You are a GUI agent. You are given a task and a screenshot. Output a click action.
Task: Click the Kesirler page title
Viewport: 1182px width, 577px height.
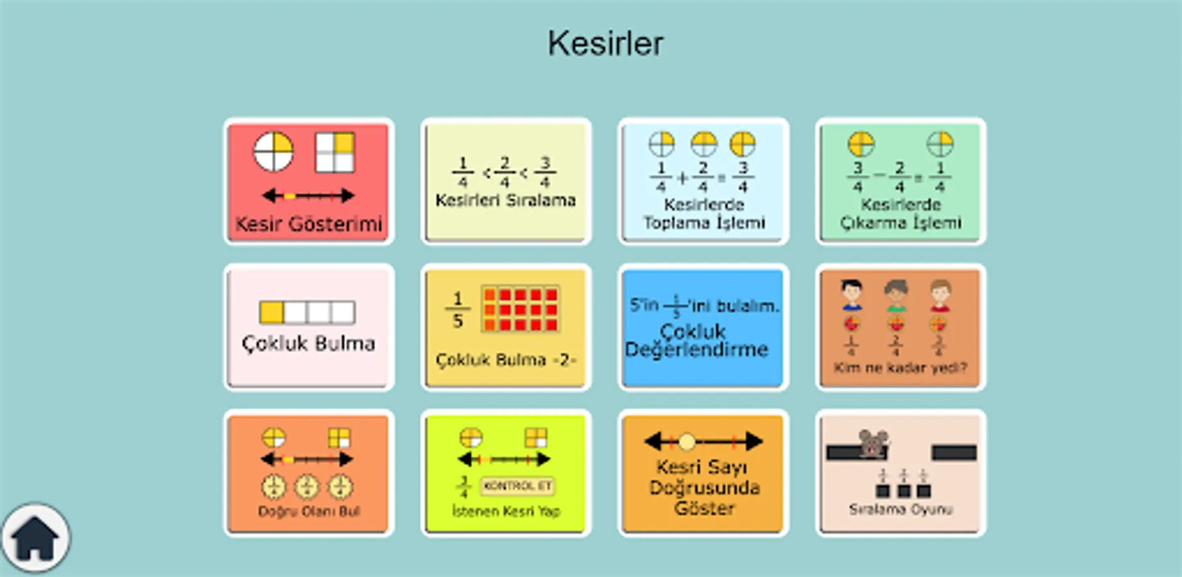point(605,44)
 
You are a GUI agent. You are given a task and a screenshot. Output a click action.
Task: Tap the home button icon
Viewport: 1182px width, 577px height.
point(35,538)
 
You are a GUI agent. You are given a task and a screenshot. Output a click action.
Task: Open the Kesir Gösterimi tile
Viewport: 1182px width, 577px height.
point(308,182)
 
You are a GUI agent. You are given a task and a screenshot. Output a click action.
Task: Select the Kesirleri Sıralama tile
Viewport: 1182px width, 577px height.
point(505,182)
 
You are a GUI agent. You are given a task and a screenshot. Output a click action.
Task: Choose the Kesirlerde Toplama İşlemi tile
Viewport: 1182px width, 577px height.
point(703,182)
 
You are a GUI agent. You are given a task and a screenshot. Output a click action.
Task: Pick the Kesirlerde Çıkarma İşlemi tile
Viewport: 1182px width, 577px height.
point(900,182)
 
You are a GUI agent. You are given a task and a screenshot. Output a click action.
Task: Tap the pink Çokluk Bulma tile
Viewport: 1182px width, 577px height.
point(308,328)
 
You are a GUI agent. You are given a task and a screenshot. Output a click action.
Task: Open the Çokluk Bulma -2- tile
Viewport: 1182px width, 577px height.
point(505,328)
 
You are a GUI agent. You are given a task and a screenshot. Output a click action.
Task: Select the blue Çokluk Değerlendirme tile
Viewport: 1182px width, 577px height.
point(703,328)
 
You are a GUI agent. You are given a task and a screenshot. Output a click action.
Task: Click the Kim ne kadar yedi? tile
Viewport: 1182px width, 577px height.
point(900,328)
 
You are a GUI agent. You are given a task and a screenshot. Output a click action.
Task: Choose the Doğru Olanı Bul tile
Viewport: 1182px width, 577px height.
point(308,473)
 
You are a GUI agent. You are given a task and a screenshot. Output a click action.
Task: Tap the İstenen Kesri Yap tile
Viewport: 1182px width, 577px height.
point(505,473)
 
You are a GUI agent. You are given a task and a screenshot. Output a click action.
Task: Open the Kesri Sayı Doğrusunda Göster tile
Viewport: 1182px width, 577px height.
point(703,473)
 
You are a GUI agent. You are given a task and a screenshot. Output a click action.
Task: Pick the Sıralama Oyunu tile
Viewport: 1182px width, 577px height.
point(900,473)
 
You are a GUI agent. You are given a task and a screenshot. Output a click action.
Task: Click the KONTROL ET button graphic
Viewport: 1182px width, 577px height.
point(518,486)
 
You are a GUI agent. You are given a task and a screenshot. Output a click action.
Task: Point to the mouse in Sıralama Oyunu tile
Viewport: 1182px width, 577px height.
point(873,443)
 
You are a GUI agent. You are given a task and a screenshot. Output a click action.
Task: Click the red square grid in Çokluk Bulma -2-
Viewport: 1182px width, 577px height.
point(520,310)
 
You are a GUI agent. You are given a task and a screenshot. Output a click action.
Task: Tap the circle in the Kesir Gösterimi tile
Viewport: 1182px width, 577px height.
point(273,153)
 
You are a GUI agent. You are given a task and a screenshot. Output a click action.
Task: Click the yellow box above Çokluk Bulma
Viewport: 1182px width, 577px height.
point(272,312)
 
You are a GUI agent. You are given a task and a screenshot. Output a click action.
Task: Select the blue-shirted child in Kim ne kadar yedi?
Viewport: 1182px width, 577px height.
point(852,295)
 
